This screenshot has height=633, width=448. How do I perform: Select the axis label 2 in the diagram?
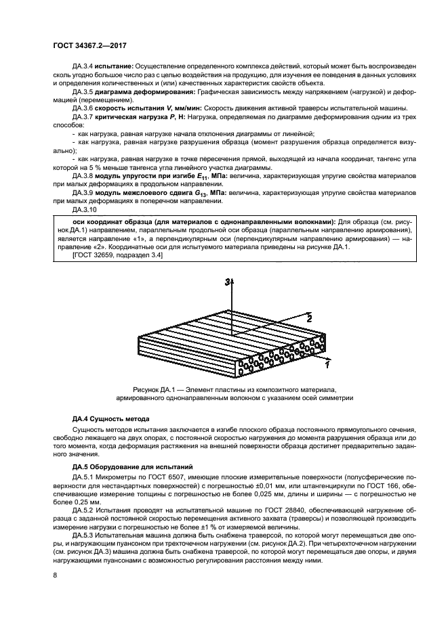click(x=309, y=317)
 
